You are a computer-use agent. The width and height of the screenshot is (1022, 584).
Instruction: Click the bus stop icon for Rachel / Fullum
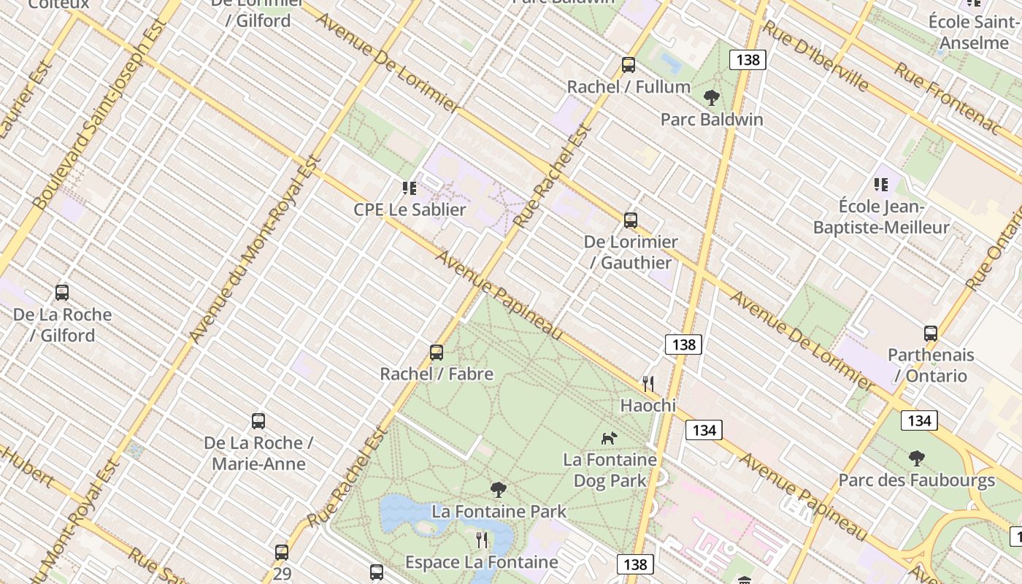point(629,65)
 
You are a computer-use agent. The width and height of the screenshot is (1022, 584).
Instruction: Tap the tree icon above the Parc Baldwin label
point(711,97)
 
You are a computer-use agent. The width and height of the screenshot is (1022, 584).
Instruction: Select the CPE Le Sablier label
point(410,210)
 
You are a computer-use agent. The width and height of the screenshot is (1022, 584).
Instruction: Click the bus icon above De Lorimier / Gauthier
point(631,220)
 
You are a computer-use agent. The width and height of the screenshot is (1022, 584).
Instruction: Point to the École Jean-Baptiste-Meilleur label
point(881,217)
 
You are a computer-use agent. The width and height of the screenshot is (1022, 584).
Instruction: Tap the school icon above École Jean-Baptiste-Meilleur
point(881,185)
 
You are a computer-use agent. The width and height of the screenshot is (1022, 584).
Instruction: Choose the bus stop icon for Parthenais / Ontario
point(931,334)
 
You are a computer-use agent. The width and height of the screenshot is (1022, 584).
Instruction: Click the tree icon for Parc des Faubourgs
point(917,458)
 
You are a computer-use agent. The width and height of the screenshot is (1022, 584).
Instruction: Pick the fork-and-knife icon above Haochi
point(648,383)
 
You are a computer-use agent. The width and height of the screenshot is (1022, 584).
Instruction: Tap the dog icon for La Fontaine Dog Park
point(609,438)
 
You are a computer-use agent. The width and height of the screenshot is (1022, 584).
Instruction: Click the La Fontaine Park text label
point(499,511)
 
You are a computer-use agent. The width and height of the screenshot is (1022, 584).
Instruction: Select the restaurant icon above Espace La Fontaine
point(481,540)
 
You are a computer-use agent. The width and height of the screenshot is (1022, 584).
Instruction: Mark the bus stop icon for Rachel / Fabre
point(437,353)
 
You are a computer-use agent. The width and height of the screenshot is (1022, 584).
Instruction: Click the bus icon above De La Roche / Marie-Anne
point(258,421)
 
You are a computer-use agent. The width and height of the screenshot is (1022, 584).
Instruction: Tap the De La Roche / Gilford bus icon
point(62,293)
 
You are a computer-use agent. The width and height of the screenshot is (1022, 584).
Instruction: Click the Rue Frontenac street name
point(948,98)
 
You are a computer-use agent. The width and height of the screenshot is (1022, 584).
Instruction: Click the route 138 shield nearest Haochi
point(683,344)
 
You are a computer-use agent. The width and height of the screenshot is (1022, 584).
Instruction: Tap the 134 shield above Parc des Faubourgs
point(919,420)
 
